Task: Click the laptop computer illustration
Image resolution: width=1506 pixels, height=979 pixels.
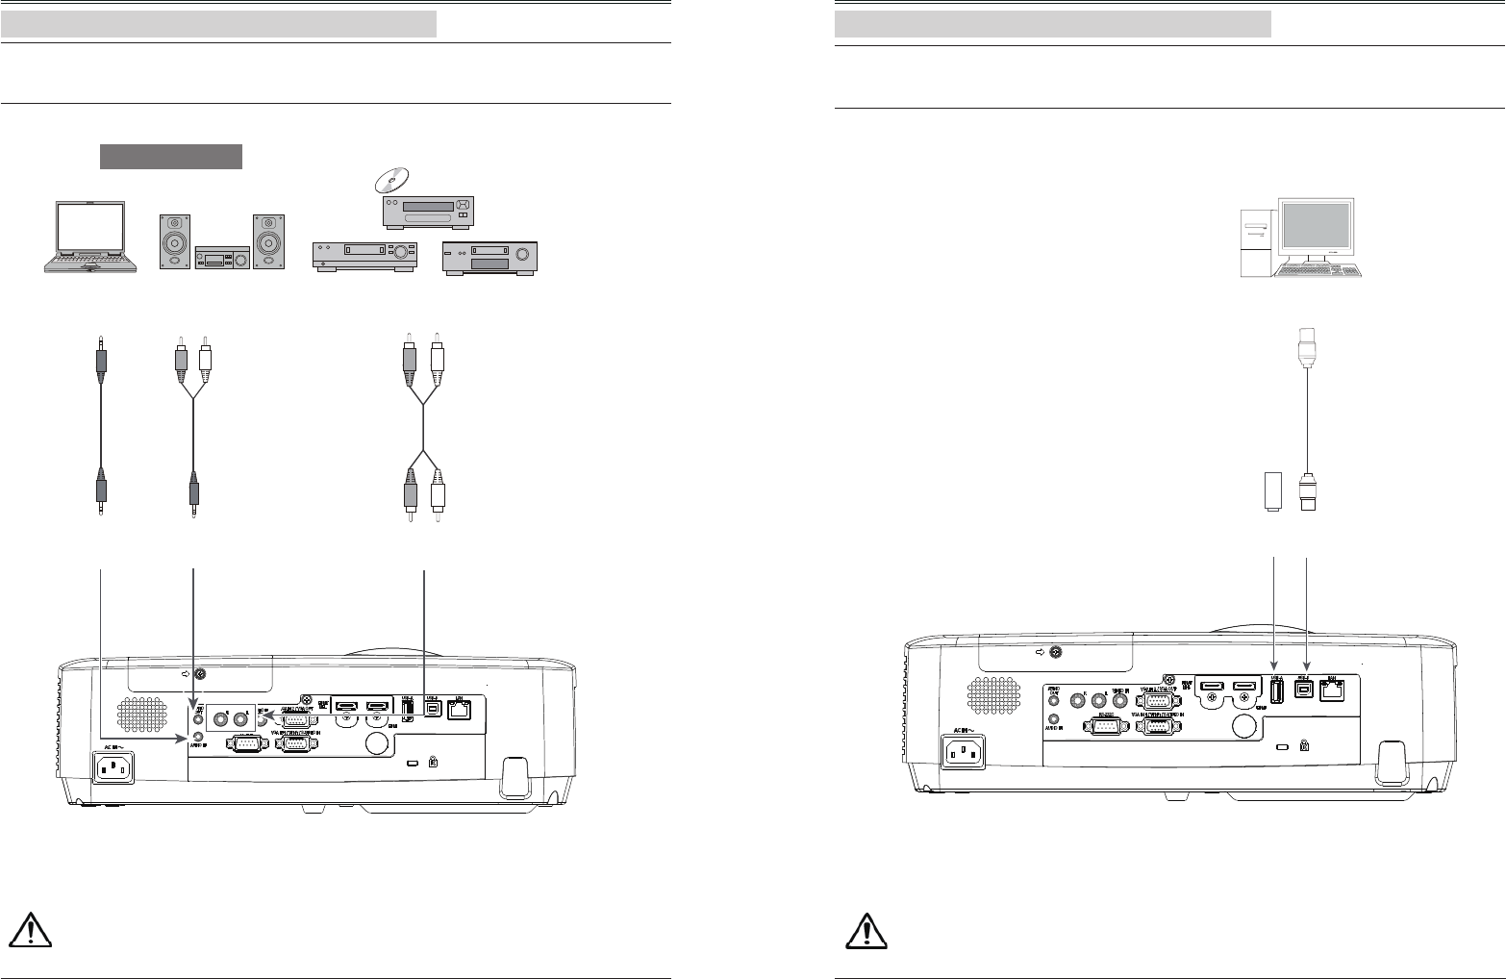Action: point(88,238)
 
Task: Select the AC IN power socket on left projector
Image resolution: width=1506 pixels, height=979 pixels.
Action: point(113,766)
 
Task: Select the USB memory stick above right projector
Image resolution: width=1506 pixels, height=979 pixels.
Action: point(1272,491)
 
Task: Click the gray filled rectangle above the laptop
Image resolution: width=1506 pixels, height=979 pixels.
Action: point(170,157)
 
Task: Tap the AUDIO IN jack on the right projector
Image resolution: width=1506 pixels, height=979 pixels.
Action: point(1054,717)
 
